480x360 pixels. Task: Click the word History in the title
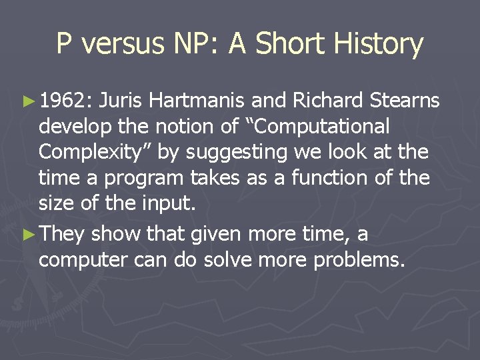pos(379,44)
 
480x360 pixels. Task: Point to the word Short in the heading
pos(289,44)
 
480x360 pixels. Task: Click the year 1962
pos(64,101)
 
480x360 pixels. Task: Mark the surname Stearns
pos(405,101)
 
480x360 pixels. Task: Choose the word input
pos(171,203)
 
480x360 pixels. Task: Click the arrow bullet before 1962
pos(27,101)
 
